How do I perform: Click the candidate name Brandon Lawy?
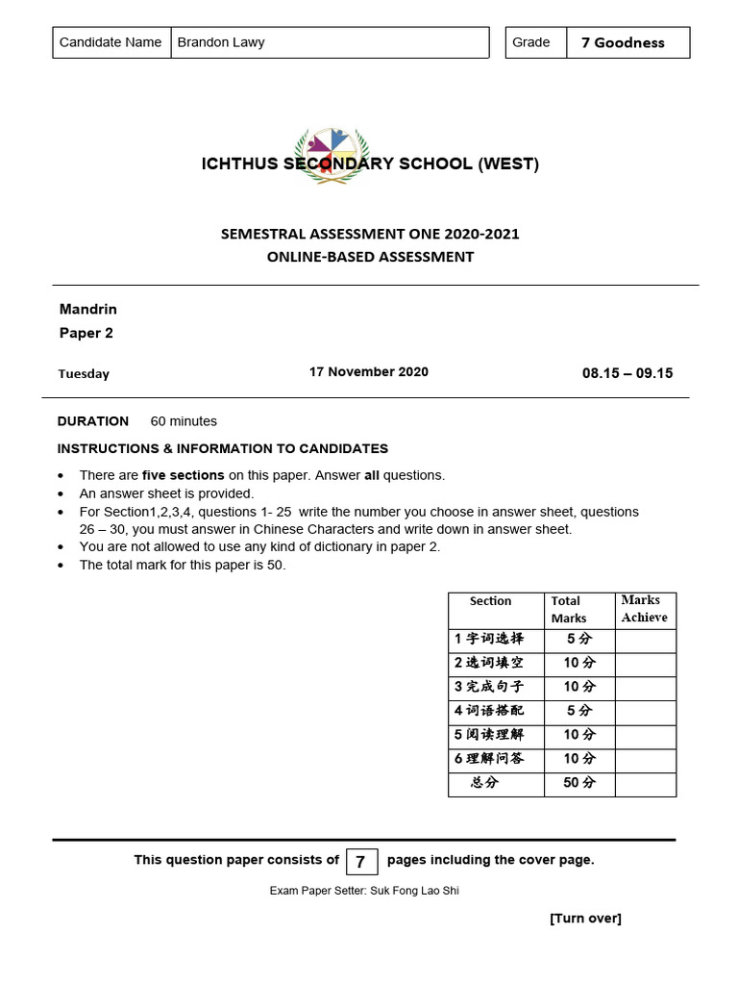[x=221, y=42]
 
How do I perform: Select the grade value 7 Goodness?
[x=623, y=42]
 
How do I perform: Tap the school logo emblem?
[x=331, y=154]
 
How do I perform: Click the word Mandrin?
[x=88, y=310]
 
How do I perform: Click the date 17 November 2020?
[x=368, y=372]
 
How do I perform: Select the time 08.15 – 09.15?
[x=627, y=373]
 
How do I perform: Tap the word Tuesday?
[x=84, y=374]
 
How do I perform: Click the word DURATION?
[x=93, y=421]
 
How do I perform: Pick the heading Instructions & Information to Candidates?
[x=223, y=448]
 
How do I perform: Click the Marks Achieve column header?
[x=644, y=609]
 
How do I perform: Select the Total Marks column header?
[x=568, y=610]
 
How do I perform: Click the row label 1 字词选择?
[x=489, y=639]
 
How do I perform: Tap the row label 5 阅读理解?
[x=489, y=735]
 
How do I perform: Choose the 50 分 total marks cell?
[x=578, y=783]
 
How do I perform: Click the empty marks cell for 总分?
[x=645, y=783]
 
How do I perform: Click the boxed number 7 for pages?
[x=360, y=862]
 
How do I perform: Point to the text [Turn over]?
[x=585, y=919]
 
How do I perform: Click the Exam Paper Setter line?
[x=364, y=891]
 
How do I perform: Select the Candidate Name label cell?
[x=111, y=42]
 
